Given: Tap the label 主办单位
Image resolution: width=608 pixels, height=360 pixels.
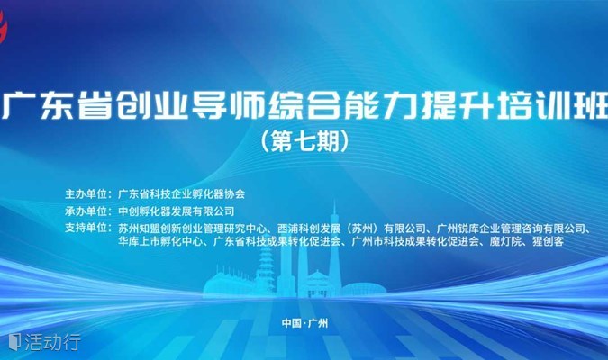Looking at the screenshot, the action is [x=86, y=193].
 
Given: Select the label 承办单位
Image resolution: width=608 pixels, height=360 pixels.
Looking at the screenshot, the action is [x=86, y=211].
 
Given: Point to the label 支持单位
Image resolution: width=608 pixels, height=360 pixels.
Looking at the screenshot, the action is [x=86, y=228].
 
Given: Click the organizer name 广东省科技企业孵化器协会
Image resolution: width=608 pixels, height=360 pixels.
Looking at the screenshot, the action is [x=181, y=193].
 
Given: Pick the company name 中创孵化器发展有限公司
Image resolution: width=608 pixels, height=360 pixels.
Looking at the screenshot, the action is [x=176, y=211].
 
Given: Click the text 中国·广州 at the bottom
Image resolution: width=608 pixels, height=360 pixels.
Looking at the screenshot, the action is [x=304, y=323].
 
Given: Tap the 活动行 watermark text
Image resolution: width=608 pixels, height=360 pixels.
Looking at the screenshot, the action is [x=53, y=342].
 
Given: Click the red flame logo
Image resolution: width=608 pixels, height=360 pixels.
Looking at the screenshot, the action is [x=3, y=26].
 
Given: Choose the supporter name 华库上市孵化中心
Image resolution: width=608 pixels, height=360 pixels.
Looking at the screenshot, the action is [x=160, y=242].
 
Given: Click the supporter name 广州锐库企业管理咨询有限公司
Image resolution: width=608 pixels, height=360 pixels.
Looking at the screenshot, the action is [x=511, y=229].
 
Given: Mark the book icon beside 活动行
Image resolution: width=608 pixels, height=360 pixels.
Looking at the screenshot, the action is [x=14, y=342].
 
